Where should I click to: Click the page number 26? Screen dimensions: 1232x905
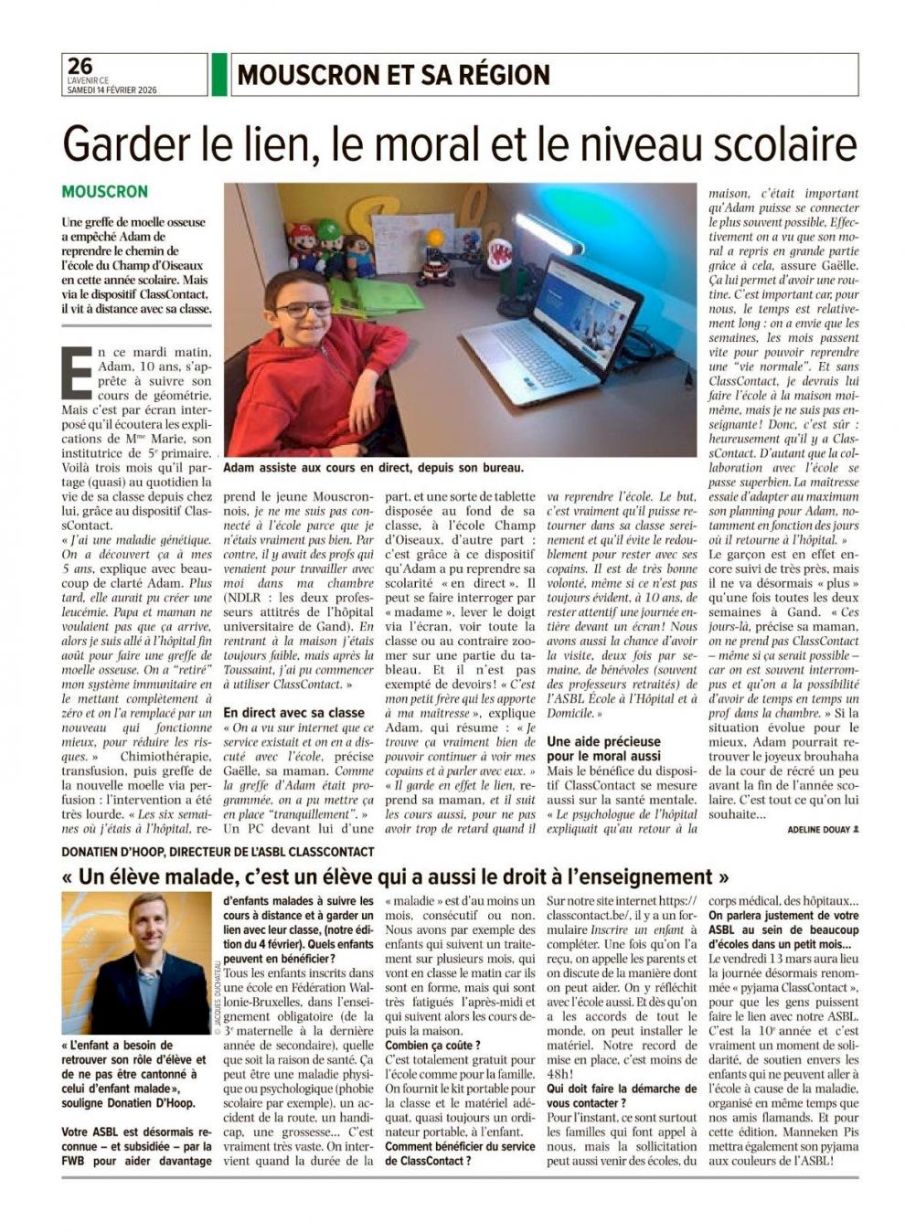pyautogui.click(x=80, y=65)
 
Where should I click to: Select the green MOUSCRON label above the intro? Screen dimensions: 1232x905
pyautogui.click(x=104, y=192)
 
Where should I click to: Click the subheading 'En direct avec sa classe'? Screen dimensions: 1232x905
pyautogui.click(x=294, y=712)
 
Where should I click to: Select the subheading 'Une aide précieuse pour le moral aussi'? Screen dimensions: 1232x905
pyautogui.click(x=603, y=749)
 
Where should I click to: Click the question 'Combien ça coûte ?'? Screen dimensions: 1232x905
pyautogui.click(x=432, y=1045)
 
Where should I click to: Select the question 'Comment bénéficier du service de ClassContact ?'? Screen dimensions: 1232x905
pyautogui.click(x=460, y=1153)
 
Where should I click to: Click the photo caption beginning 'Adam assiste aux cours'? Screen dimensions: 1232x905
pyautogui.click(x=373, y=468)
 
